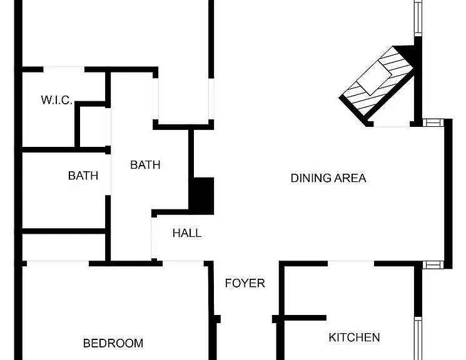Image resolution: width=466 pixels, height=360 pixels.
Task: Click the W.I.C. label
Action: click(57, 100)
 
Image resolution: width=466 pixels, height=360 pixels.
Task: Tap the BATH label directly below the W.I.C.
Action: click(83, 176)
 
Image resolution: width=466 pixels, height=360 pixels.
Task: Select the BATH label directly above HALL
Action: click(145, 165)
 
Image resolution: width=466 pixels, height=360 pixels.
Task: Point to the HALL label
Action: click(187, 233)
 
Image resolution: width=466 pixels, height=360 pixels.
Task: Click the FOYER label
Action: click(245, 283)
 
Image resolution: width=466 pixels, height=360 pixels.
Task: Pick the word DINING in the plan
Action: click(311, 178)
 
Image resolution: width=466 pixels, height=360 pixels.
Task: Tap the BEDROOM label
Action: click(113, 343)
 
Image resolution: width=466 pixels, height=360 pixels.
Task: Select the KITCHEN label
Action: click(354, 337)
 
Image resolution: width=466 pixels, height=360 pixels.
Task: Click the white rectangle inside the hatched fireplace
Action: click(374, 77)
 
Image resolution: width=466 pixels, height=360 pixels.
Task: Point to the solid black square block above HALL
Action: click(203, 196)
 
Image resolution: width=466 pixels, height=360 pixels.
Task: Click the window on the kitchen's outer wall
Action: click(418, 338)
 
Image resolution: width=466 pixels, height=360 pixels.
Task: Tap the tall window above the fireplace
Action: click(418, 18)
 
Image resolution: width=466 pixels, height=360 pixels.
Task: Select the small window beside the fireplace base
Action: click(433, 122)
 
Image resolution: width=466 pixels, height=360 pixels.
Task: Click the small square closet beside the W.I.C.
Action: click(93, 126)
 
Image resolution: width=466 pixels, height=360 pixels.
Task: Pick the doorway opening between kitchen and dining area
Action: click(351, 264)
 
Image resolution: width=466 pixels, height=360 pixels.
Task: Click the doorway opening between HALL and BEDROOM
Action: click(183, 263)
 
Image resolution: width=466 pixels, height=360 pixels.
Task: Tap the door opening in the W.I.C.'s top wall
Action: click(64, 69)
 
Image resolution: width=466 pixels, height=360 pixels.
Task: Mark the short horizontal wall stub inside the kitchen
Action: click(305, 318)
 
